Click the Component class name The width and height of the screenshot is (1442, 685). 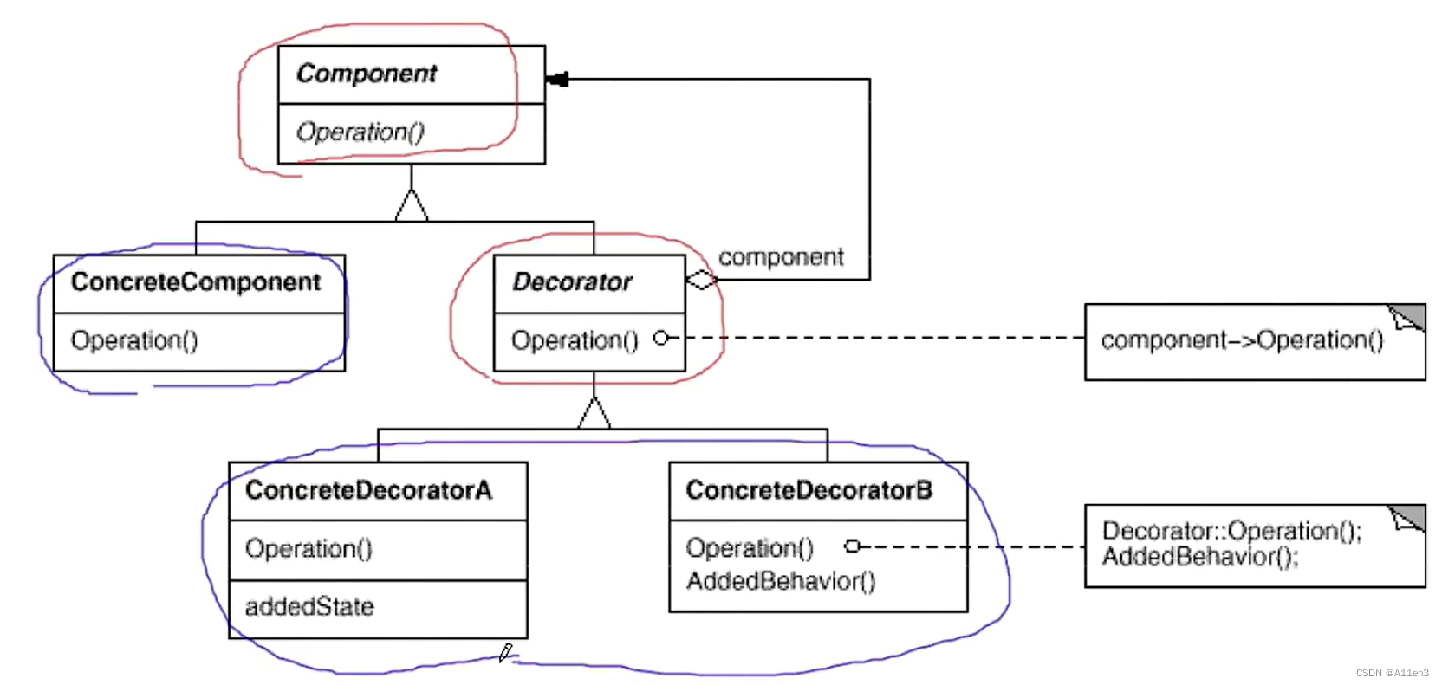367,74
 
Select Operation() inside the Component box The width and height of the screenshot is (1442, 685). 360,132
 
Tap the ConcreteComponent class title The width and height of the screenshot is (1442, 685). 196,282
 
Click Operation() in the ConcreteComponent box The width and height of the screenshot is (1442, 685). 134,340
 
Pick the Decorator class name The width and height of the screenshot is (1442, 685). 572,282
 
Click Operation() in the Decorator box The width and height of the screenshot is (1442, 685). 575,340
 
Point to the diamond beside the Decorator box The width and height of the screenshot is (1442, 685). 702,280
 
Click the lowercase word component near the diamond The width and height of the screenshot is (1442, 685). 781,257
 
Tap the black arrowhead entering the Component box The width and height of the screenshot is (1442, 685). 557,80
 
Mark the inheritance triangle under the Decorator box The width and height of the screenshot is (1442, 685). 594,413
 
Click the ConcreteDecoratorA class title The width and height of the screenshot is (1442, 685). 368,491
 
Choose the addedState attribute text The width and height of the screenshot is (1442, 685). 309,607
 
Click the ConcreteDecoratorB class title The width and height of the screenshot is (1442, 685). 809,491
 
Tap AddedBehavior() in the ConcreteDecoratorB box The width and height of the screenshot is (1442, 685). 781,581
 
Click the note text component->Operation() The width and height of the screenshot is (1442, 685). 1242,340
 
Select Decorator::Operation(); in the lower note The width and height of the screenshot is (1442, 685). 1231,530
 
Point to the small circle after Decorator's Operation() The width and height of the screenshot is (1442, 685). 661,338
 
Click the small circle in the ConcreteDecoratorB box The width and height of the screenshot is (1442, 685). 852,546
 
